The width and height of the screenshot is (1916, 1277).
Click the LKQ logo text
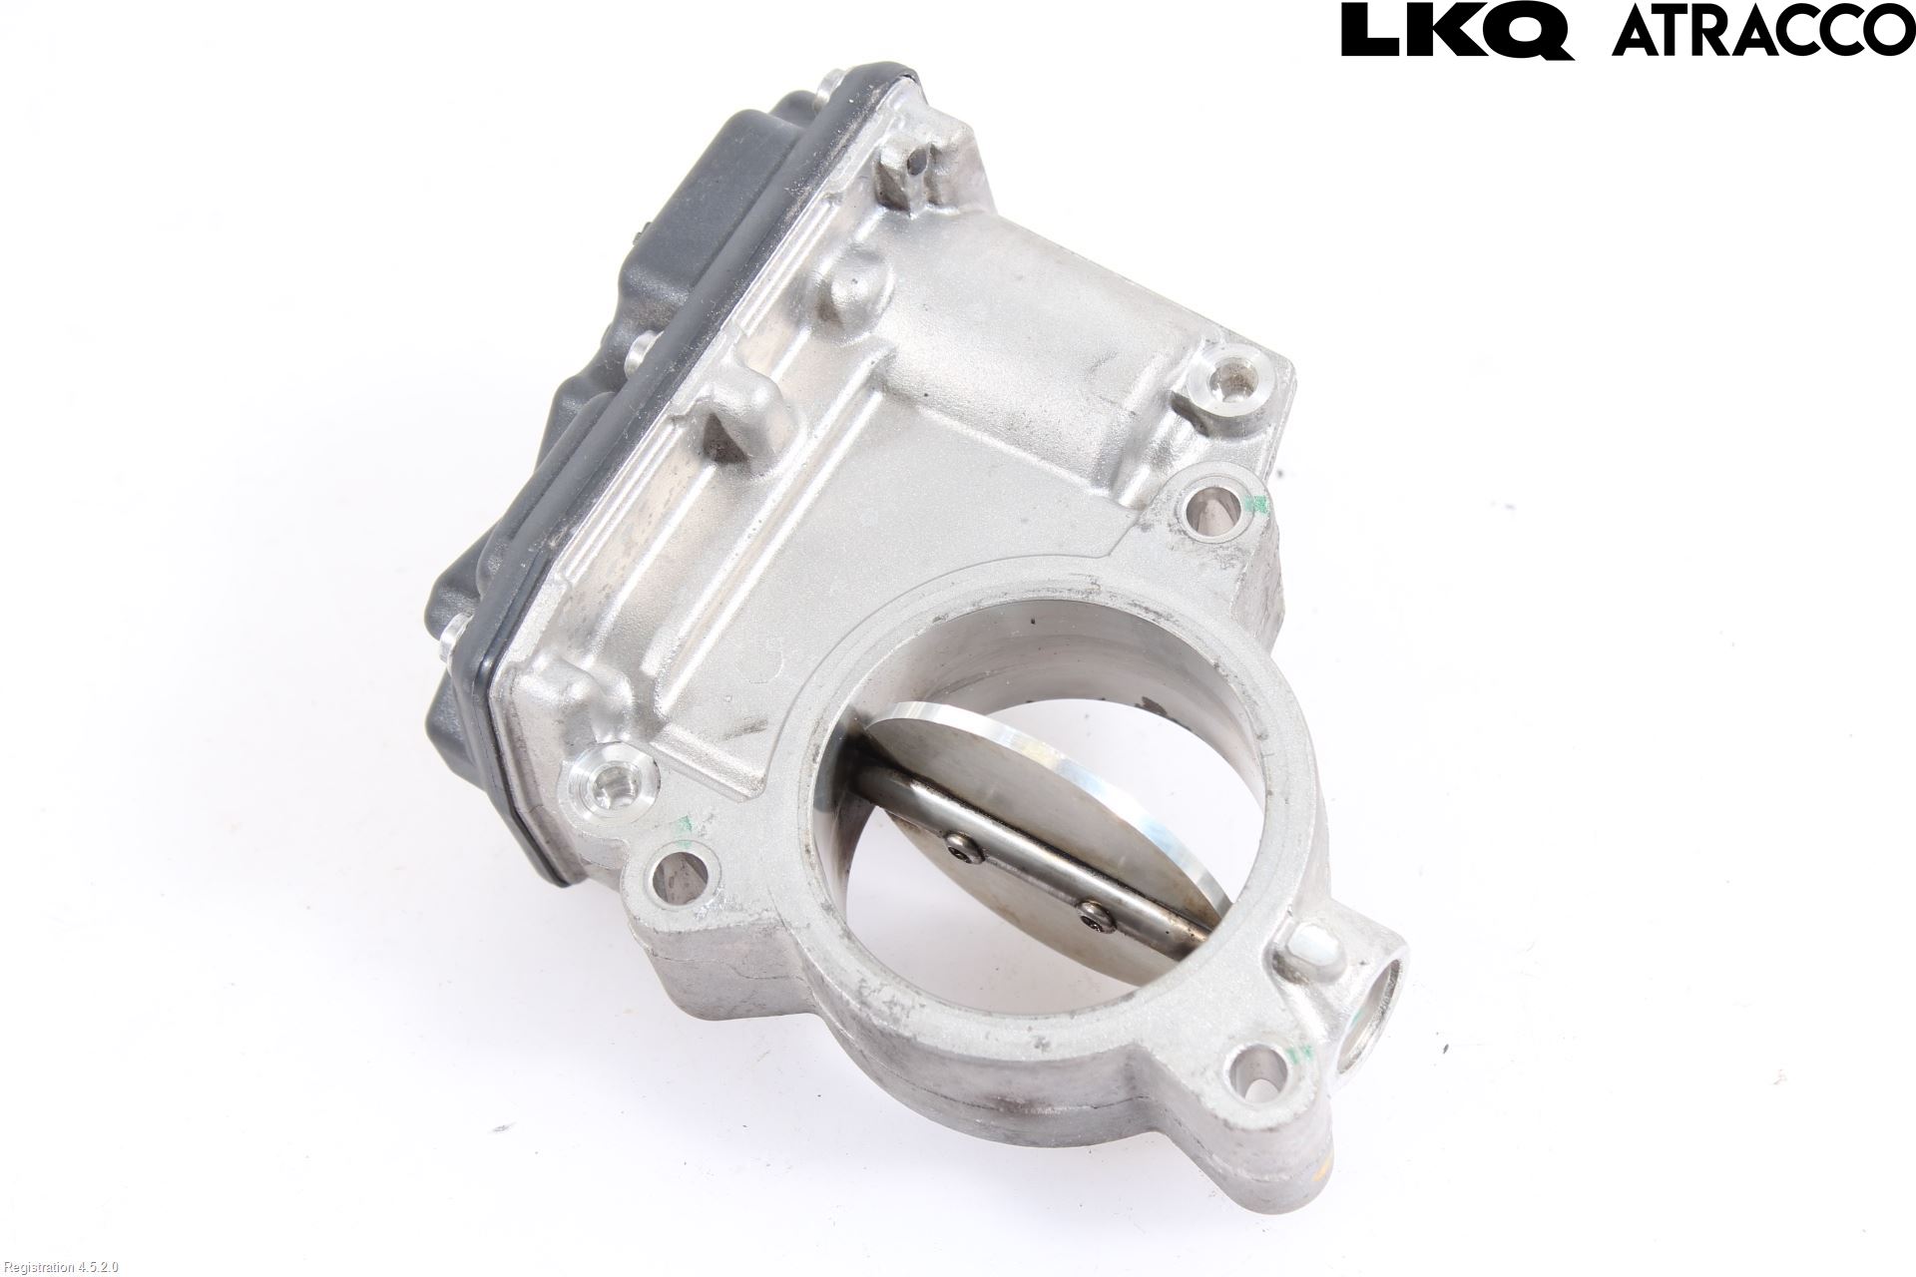point(1458,29)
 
